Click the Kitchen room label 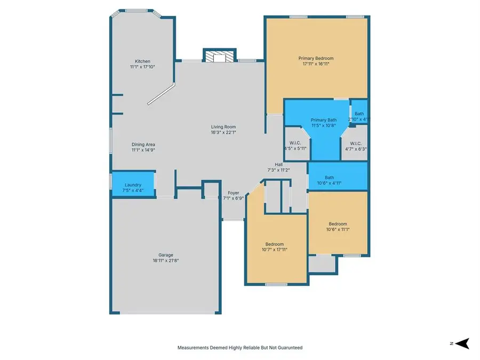pos(142,61)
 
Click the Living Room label pos(223,127)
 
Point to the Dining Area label pos(143,145)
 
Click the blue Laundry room pos(133,185)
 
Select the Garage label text pos(165,255)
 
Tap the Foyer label pos(234,193)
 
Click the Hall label pos(278,164)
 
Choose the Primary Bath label pos(324,120)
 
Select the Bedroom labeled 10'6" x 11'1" pos(338,224)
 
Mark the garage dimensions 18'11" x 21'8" pos(165,261)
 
